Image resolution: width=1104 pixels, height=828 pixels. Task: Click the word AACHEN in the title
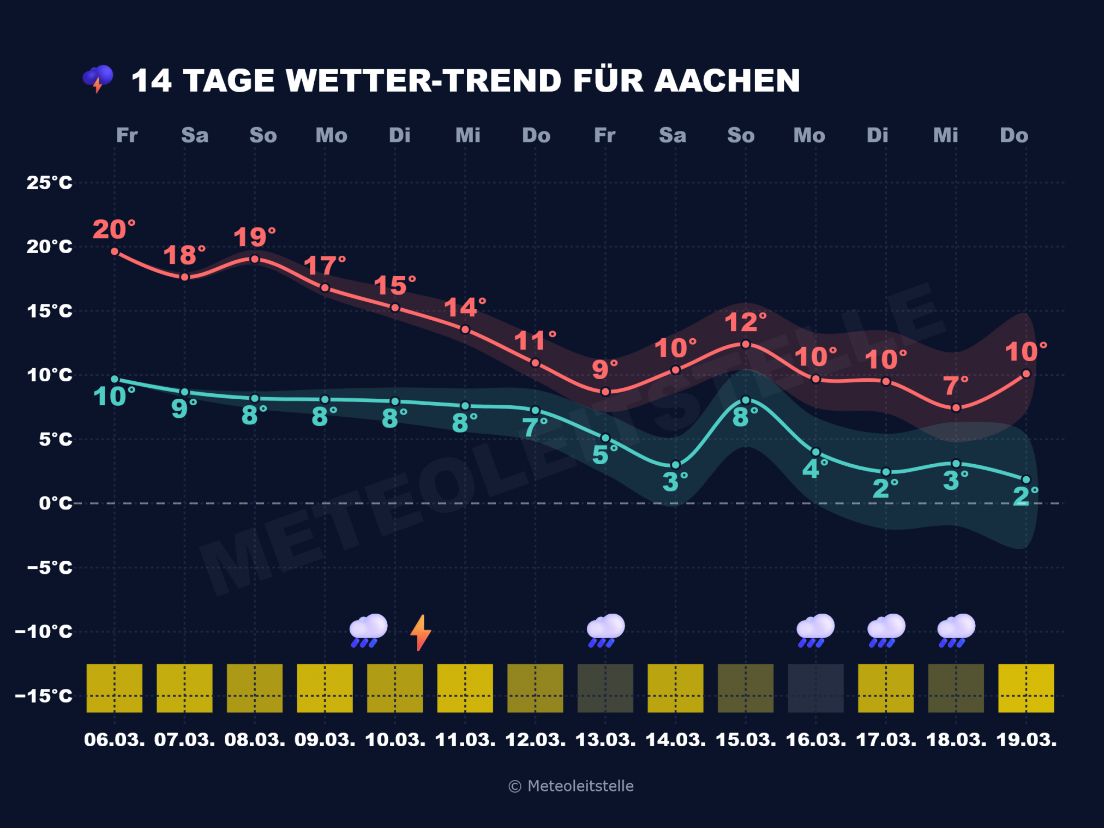point(727,81)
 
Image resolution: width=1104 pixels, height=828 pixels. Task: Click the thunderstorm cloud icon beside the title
point(98,79)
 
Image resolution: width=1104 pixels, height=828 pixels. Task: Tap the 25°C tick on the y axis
point(49,183)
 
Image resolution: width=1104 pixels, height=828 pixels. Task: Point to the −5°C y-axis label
point(49,567)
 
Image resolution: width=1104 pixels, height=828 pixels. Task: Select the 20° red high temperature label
point(113,230)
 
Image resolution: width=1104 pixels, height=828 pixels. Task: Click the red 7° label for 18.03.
point(956,386)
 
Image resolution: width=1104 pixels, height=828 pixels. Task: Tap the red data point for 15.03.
point(746,344)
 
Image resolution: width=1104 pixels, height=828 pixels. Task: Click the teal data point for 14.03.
point(675,465)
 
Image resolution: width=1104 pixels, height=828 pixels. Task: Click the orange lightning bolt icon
point(421,632)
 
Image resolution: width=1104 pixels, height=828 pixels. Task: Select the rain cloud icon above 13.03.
point(605,630)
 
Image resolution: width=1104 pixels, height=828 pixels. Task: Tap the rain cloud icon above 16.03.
point(815,630)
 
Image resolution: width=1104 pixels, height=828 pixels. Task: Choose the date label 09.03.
point(325,740)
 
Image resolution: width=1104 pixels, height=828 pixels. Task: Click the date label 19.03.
point(1026,740)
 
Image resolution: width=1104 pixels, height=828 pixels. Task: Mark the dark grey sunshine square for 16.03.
point(815,688)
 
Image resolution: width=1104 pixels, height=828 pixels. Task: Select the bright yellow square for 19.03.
point(1026,688)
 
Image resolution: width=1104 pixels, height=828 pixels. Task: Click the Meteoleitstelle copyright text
point(571,786)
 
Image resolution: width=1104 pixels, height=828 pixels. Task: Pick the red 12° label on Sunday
point(745,322)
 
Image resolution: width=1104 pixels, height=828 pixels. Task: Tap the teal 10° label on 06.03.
point(113,397)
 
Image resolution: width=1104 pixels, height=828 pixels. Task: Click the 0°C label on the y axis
point(55,503)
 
